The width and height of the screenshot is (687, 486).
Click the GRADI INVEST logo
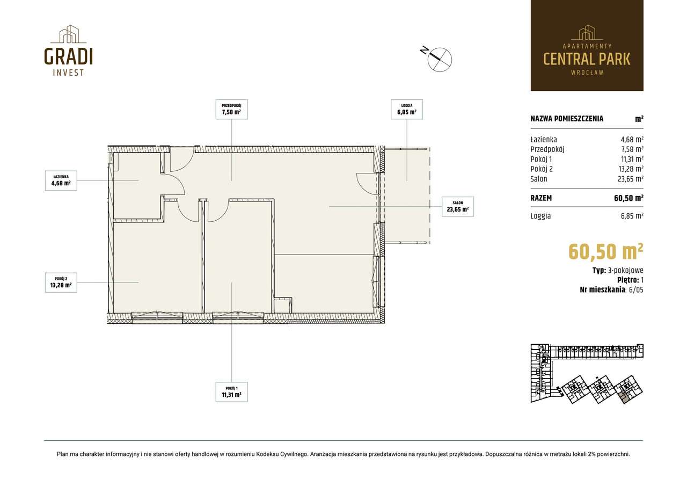[x=68, y=50]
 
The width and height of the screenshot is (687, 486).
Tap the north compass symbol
[x=440, y=59]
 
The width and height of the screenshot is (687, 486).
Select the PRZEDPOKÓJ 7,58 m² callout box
[x=231, y=109]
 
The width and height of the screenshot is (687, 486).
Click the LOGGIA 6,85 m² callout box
[x=406, y=109]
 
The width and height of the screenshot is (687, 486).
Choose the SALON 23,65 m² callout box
[x=457, y=206]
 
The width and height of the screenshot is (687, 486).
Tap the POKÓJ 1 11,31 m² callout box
[x=231, y=391]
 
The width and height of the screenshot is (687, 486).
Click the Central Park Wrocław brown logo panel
[x=587, y=45]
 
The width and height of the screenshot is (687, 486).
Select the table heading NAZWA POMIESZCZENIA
[x=566, y=119]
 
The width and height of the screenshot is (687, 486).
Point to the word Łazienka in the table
[x=543, y=140]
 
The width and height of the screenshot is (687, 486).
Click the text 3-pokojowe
[x=626, y=270]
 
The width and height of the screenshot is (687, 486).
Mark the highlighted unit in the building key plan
[x=624, y=397]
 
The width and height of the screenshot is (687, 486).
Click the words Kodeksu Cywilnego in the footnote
[x=281, y=454]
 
